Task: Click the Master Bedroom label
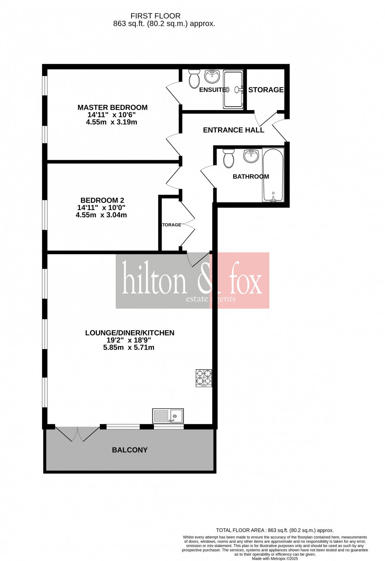112,108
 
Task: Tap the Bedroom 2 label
102,201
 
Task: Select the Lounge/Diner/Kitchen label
130,333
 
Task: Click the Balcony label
130,450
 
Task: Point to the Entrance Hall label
234,130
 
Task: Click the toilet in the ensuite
194,78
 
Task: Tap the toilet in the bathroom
229,158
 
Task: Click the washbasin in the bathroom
251,156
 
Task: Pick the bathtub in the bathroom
273,175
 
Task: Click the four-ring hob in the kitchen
204,378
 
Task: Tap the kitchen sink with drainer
168,416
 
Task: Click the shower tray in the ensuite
233,89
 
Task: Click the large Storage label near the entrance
266,90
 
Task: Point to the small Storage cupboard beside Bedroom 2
171,225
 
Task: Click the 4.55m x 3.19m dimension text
112,122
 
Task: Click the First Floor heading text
155,16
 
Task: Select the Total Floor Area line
275,530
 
